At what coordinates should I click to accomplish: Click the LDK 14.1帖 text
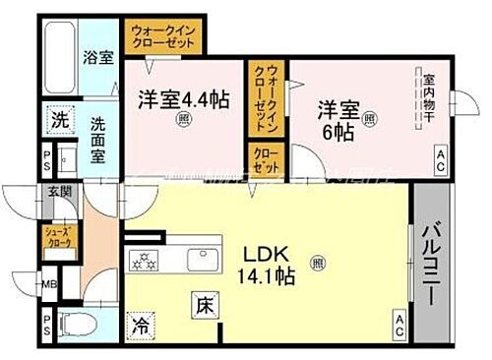pos(265,264)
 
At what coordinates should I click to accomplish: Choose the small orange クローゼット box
pos(265,161)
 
